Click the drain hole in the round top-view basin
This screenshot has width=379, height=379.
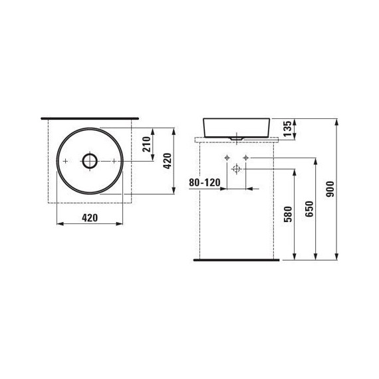[90, 161]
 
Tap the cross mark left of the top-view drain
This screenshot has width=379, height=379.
[66, 161]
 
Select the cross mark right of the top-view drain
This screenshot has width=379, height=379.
[114, 161]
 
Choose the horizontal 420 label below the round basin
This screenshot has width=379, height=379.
[90, 217]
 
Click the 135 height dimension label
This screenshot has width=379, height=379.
[288, 128]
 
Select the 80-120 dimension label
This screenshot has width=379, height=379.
[204, 181]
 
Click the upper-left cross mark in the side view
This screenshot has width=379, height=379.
[227, 157]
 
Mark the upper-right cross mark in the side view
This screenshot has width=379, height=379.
[246, 157]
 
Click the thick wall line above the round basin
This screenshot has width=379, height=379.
[90, 116]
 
